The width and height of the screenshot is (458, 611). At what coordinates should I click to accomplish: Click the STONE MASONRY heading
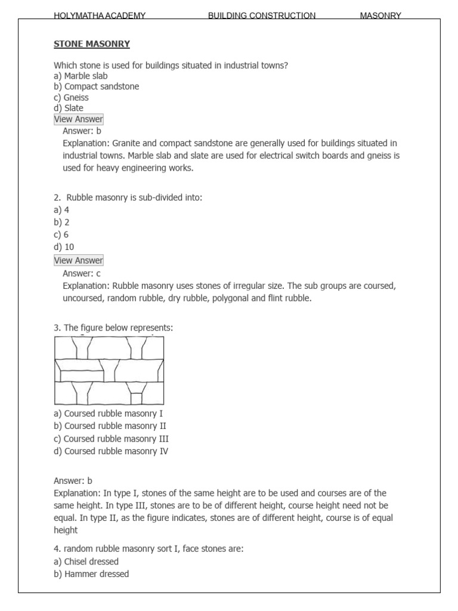92,44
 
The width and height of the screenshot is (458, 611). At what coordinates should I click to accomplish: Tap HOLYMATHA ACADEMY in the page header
100,16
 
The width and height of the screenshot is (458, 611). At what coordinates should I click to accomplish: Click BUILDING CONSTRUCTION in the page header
261,16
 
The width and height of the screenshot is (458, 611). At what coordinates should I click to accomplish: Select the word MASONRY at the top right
380,16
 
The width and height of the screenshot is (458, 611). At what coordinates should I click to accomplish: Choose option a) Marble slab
81,76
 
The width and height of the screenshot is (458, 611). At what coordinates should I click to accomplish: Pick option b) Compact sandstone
96,87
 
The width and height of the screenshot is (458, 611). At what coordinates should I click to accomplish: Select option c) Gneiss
71,97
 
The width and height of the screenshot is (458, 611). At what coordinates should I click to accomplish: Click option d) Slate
69,108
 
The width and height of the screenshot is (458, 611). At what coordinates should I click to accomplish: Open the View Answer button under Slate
79,119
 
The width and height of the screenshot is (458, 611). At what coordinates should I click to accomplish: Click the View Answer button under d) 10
79,260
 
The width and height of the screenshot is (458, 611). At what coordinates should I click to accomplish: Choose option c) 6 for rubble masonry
61,234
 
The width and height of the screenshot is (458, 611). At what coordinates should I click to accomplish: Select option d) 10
64,247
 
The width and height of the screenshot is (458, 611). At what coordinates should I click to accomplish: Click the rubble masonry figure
109,371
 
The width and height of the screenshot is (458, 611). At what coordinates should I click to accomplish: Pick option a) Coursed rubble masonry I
108,413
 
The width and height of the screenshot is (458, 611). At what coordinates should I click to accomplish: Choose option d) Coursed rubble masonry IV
111,451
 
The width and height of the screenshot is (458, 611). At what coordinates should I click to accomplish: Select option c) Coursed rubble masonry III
111,439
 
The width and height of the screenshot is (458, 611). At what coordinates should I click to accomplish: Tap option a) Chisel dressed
86,561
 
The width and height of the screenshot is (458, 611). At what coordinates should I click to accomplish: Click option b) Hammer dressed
91,574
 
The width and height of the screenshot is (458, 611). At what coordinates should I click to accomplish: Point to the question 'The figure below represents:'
113,328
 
